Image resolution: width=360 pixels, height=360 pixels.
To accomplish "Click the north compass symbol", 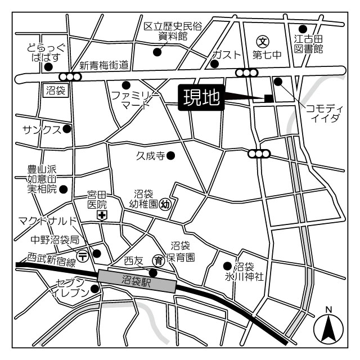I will click(x=328, y=326).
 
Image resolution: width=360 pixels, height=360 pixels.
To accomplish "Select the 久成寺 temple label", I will click(x=150, y=155).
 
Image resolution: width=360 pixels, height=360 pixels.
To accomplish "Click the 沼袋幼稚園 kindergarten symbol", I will click(x=165, y=204).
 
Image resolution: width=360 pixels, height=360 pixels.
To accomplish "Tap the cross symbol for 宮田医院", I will click(x=102, y=215).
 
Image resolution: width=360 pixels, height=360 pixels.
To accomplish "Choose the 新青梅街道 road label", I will click(x=104, y=65).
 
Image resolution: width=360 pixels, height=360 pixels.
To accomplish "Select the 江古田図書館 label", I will click(x=309, y=44).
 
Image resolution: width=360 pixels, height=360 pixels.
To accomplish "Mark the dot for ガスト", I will click(x=214, y=64).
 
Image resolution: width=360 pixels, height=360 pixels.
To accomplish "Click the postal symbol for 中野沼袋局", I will click(x=83, y=255).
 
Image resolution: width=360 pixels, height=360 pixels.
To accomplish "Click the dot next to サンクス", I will click(x=67, y=129).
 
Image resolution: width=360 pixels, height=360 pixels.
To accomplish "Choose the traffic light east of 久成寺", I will click(x=258, y=154).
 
